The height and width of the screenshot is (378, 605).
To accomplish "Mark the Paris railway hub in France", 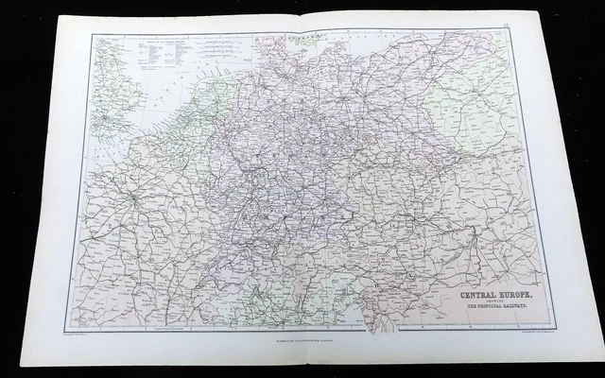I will coord(138,202).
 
